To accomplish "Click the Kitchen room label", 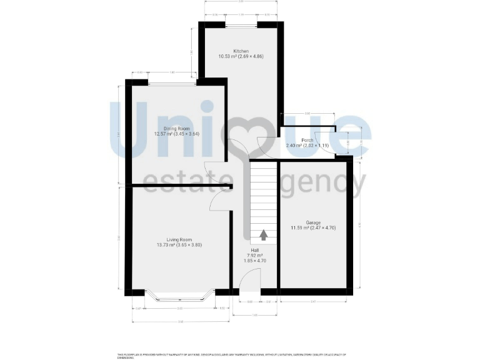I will tap(241, 51).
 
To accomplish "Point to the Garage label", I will tap(313, 223).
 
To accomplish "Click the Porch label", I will tap(307, 141).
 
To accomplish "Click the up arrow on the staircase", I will tap(263, 235).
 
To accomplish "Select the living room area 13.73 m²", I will tap(166, 244).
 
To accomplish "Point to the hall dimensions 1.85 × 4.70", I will tap(254, 261).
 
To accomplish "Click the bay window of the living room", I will tap(179, 297).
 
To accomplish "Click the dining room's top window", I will tap(172, 82).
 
